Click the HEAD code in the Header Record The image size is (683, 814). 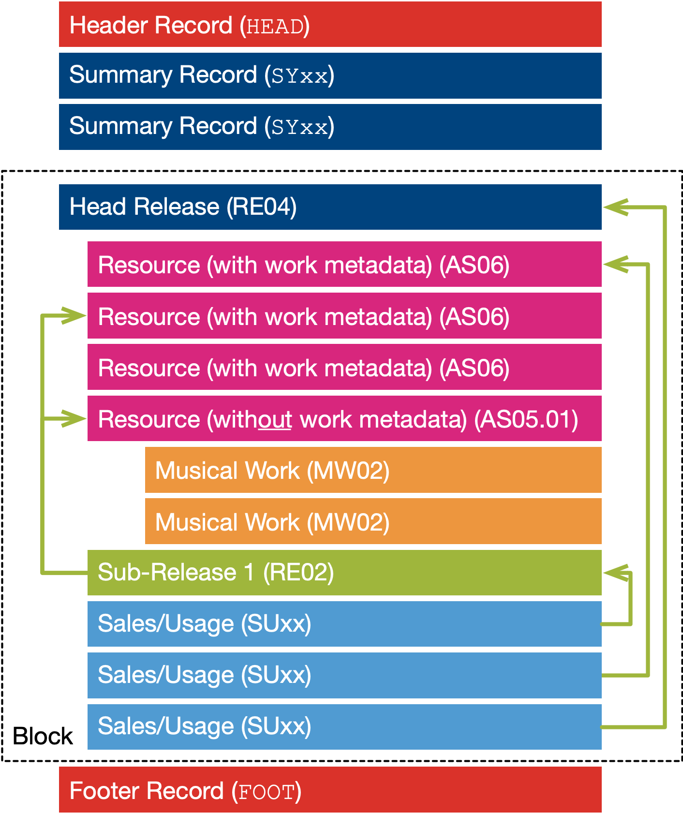coord(275,26)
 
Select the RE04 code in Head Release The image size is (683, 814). coord(261,207)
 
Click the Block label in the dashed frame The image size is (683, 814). coord(43,736)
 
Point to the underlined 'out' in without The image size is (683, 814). coord(275,419)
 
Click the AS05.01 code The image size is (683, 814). coord(526,419)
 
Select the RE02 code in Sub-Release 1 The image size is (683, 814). coord(298,572)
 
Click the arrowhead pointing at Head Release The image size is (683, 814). coord(614,207)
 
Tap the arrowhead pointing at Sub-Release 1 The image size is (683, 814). coord(614,573)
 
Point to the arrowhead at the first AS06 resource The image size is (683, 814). coord(614,264)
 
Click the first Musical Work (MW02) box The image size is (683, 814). coord(372,470)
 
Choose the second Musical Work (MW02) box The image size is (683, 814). coord(372,521)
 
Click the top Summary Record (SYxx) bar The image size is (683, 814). coord(330,75)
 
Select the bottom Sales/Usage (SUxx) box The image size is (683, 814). coord(344,726)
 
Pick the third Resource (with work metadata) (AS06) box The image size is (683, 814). coord(344,368)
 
